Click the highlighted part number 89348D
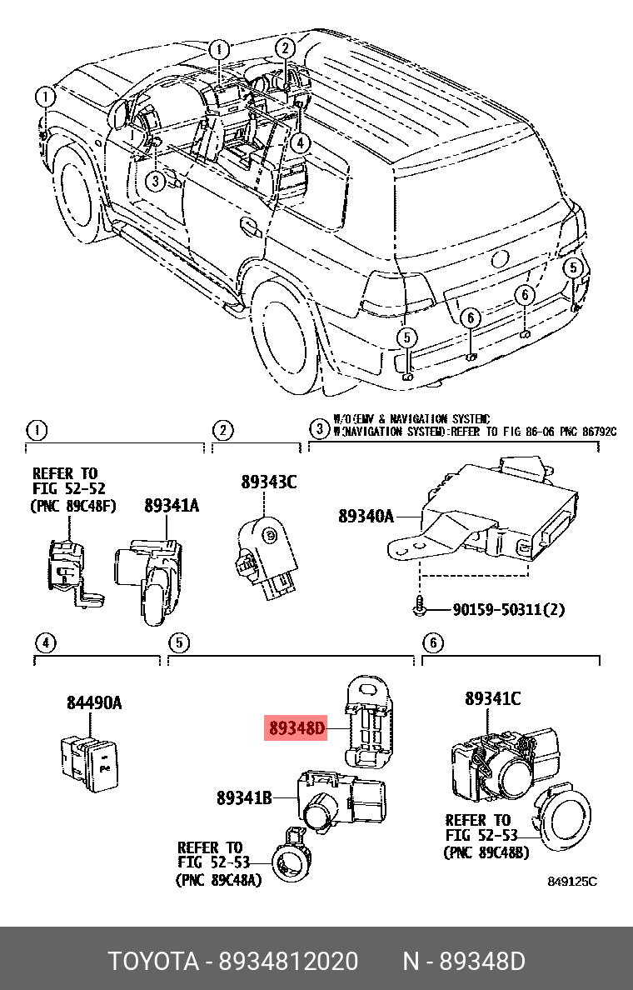click(297, 728)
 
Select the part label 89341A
click(172, 505)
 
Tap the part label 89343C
click(268, 482)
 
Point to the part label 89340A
click(366, 516)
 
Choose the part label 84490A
click(94, 703)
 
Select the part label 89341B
click(244, 797)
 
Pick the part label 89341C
click(492, 699)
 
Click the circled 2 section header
click(222, 430)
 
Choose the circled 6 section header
click(432, 642)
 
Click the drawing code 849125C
click(571, 882)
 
